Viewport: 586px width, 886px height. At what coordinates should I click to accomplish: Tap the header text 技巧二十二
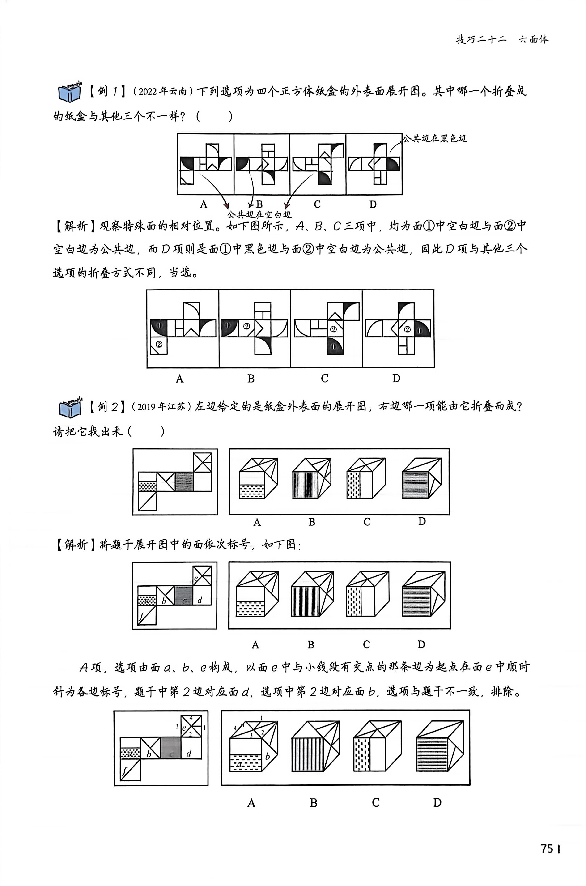481,39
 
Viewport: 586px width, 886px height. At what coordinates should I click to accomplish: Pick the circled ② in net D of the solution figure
407,329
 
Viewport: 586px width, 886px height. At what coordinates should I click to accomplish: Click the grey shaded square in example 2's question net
184,481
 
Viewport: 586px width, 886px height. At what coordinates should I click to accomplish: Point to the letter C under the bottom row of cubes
376,802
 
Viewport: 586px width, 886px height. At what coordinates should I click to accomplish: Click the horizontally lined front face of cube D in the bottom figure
432,754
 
